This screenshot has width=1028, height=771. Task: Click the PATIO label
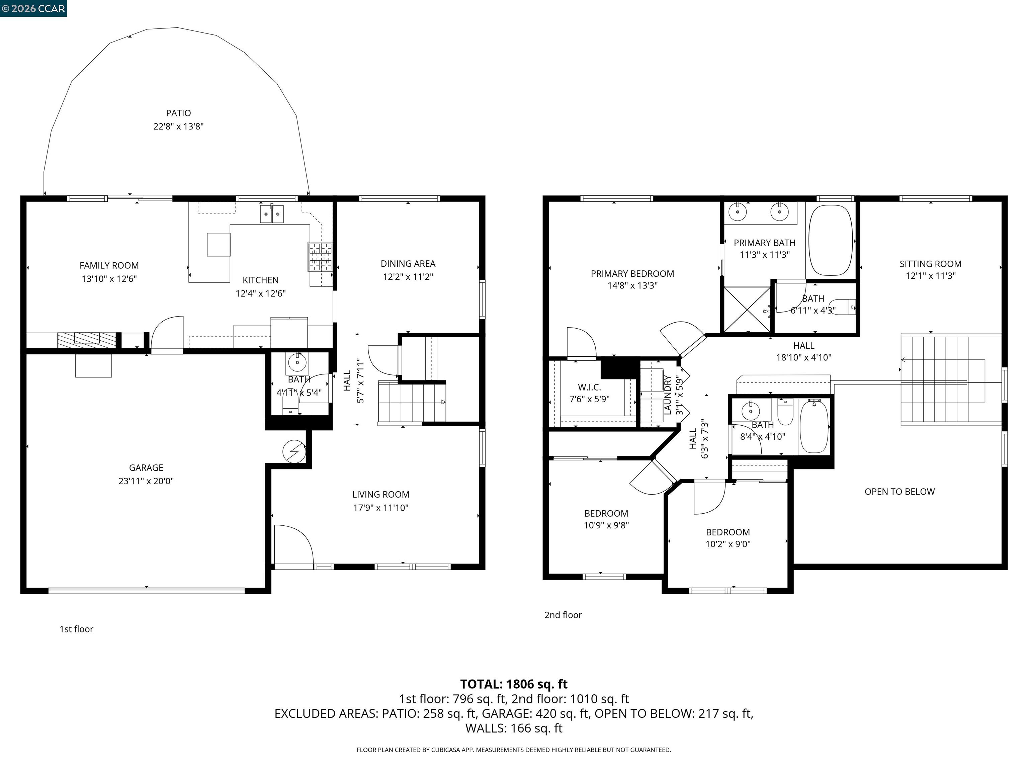click(178, 113)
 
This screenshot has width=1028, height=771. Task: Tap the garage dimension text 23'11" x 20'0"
click(146, 481)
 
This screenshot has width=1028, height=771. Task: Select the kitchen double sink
click(271, 214)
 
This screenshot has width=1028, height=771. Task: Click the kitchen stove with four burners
click(320, 257)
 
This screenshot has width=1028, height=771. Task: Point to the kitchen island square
click(219, 245)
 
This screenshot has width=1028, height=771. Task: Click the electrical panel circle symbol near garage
click(294, 451)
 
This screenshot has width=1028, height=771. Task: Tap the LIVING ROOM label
click(380, 495)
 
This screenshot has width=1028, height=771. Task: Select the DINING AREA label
click(408, 263)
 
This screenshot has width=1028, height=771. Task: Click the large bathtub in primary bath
click(831, 240)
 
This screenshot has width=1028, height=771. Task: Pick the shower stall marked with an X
click(747, 310)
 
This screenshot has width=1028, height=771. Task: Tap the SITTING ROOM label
click(930, 263)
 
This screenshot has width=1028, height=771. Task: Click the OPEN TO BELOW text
click(899, 492)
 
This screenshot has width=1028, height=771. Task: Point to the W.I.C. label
click(589, 387)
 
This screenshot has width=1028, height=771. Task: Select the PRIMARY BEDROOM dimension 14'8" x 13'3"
click(632, 285)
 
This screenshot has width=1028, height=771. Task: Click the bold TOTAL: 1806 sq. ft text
click(514, 684)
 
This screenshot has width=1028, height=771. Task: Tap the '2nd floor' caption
click(563, 615)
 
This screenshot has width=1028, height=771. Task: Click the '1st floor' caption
click(76, 629)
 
